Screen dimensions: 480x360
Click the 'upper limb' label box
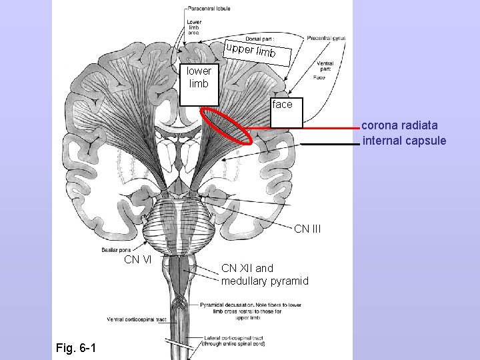tap(258, 52)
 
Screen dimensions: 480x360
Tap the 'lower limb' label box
tap(199, 77)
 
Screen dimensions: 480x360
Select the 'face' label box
tap(283, 105)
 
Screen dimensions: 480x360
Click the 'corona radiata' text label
tap(399, 125)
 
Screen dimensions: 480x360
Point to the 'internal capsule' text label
tap(404, 141)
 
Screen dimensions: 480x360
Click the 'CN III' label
tap(307, 229)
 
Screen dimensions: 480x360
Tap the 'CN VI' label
tap(137, 259)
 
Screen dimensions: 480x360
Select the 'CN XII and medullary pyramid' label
tap(265, 275)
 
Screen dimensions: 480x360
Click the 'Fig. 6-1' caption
tap(75, 348)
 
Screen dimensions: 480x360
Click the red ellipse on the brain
tap(227, 125)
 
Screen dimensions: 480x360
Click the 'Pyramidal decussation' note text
tap(249, 311)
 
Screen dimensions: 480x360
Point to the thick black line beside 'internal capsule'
tap(329, 144)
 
